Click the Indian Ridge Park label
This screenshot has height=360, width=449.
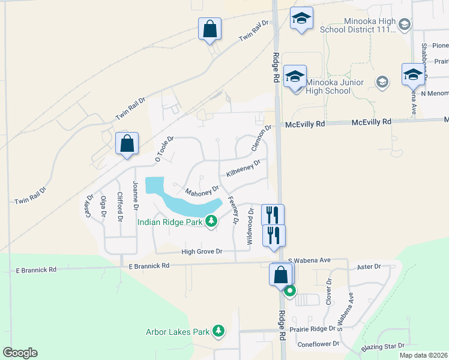click(x=170, y=222)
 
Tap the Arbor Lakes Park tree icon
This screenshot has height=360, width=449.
click(x=219, y=331)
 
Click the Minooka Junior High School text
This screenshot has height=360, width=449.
click(x=328, y=86)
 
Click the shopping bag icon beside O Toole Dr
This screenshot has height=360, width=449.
click(x=127, y=144)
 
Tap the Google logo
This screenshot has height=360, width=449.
click(x=20, y=353)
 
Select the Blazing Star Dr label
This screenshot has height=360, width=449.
click(x=384, y=347)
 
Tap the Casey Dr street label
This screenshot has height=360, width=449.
click(x=89, y=206)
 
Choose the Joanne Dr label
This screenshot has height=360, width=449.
click(x=136, y=194)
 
